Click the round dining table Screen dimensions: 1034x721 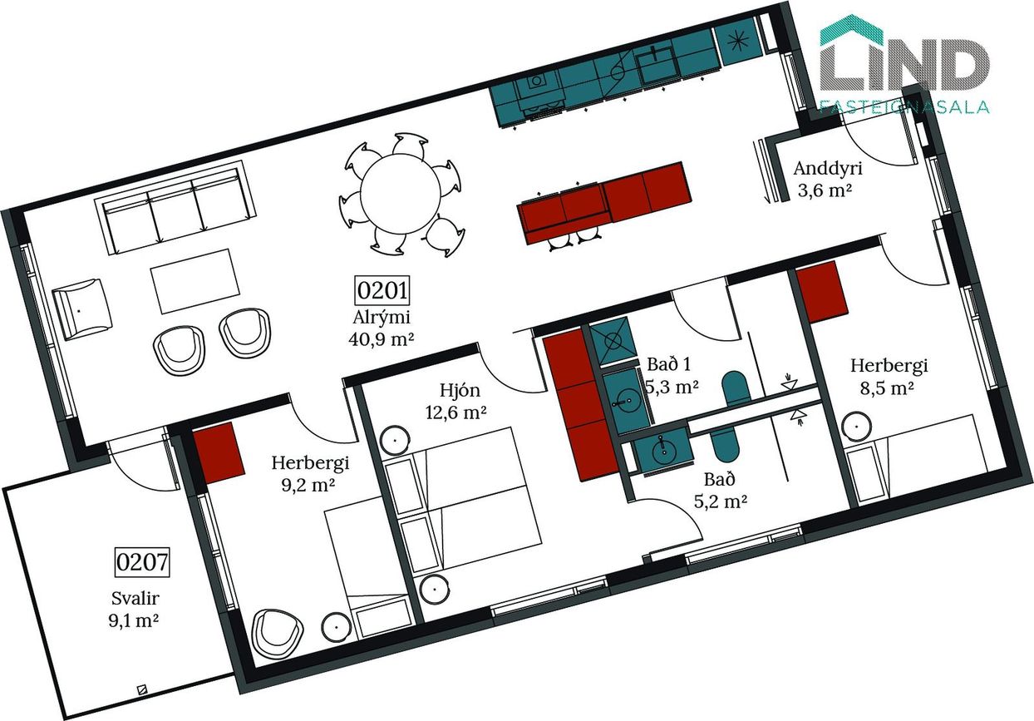400,194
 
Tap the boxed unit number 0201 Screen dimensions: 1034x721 382,290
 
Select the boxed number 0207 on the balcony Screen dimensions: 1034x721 141,562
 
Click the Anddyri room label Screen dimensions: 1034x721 828,168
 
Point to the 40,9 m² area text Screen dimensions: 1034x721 381,339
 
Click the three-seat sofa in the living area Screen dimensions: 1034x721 175,207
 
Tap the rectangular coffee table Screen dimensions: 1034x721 195,281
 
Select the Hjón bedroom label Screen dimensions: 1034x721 460,391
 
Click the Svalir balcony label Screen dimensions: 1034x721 135,599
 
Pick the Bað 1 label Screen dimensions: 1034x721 669,364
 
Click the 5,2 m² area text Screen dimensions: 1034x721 721,501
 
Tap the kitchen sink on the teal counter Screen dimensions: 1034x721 657,65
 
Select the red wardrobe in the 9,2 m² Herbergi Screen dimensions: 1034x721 219,452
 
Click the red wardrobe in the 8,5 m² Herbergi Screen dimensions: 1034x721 822,292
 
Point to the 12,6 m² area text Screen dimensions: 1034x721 455,412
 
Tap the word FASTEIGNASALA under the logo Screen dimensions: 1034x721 904,106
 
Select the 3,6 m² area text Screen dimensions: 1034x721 825,190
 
